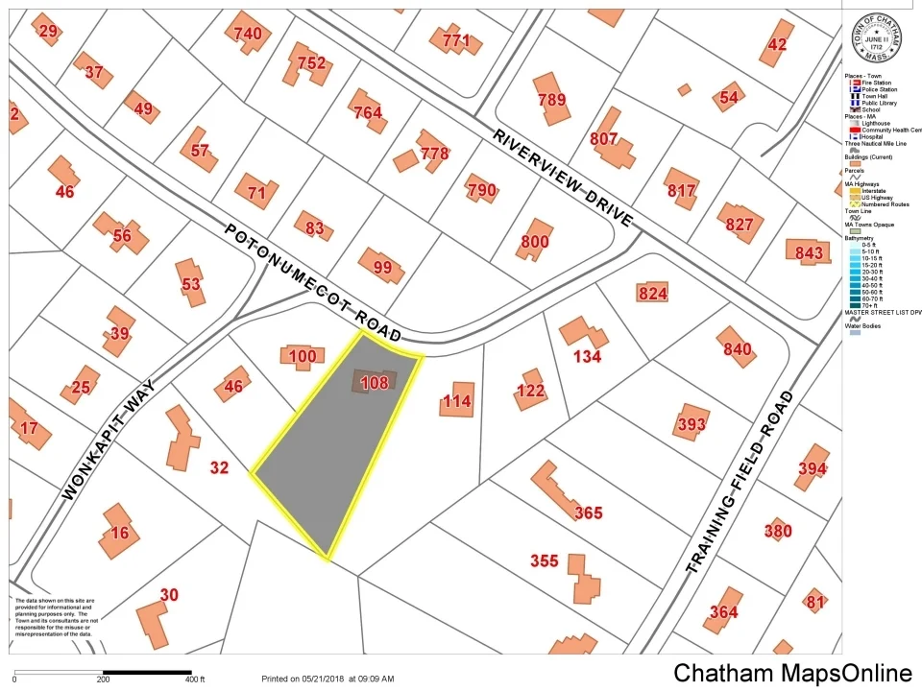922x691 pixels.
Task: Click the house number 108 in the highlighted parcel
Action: point(374,383)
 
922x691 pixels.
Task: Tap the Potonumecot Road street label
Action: point(313,283)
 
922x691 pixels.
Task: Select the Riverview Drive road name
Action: point(564,178)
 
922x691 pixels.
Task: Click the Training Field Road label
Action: point(740,482)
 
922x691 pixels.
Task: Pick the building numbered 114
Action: point(457,401)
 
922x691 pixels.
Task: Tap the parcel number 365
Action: point(588,512)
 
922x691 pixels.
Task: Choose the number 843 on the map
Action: point(809,252)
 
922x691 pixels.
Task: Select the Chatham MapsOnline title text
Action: point(792,673)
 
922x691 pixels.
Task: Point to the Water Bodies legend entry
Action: point(864,325)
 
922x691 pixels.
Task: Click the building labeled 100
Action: point(302,357)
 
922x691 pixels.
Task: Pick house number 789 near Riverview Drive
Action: point(552,100)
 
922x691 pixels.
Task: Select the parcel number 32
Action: point(220,468)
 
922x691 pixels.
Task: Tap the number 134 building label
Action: point(587,356)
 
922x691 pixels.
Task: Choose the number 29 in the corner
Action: point(48,32)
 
